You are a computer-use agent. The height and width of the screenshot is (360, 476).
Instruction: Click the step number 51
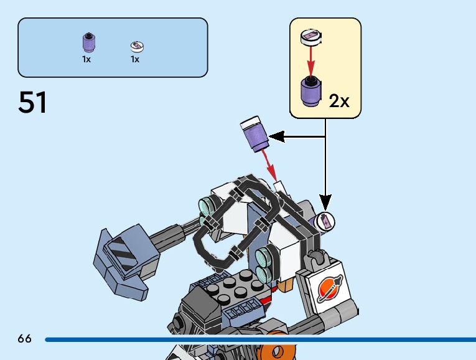point(33,102)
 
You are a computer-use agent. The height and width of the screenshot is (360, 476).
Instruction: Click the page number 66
point(24,339)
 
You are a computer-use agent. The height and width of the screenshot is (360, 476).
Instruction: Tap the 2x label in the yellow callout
point(339,100)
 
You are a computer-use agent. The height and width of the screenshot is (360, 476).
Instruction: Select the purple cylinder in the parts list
point(89,42)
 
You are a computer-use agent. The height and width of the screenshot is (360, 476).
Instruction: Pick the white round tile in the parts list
point(137,45)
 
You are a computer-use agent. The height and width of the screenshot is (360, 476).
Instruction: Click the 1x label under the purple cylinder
point(86,60)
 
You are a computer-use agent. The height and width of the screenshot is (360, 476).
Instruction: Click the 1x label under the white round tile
point(134,60)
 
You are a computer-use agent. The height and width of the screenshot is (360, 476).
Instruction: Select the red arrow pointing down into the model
point(269,163)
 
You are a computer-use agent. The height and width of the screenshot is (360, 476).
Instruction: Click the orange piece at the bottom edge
point(276,351)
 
